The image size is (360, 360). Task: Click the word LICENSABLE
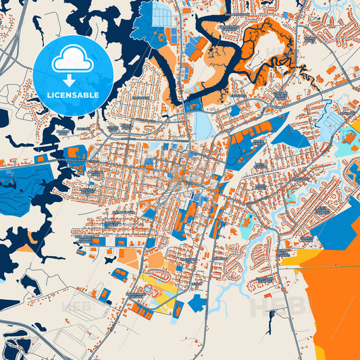point(73,95)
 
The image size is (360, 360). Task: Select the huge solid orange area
point(334,297)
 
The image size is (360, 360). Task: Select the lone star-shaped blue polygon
point(197,303)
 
